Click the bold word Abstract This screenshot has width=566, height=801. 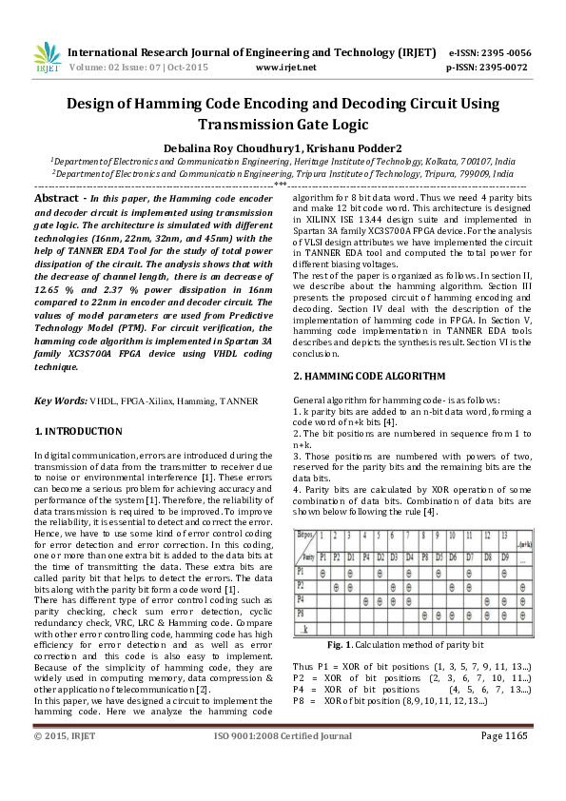[x=56, y=198]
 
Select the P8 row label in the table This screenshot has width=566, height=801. [x=304, y=615]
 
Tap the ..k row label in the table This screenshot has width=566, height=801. [x=305, y=629]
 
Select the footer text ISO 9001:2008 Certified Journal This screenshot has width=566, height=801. [x=283, y=789]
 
